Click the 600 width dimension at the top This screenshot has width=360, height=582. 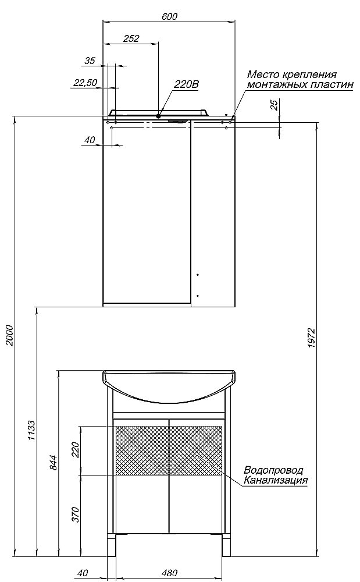coord(169,17)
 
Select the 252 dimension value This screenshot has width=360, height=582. coord(131,38)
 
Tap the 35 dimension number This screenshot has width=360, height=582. coord(90,61)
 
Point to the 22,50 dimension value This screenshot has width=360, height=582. coord(85,83)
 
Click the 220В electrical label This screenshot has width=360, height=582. coord(187,84)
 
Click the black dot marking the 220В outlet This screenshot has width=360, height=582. coord(158,115)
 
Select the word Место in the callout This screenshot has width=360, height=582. coord(262,74)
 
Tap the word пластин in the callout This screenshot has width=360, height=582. coord(333,84)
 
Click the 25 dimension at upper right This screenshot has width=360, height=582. coord(274,105)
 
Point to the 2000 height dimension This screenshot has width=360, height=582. coord(9,335)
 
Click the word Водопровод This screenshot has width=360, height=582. coord(275,470)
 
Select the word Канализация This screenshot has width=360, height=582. coord(276,480)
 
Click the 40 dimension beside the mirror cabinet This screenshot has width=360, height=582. coord(89,140)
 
